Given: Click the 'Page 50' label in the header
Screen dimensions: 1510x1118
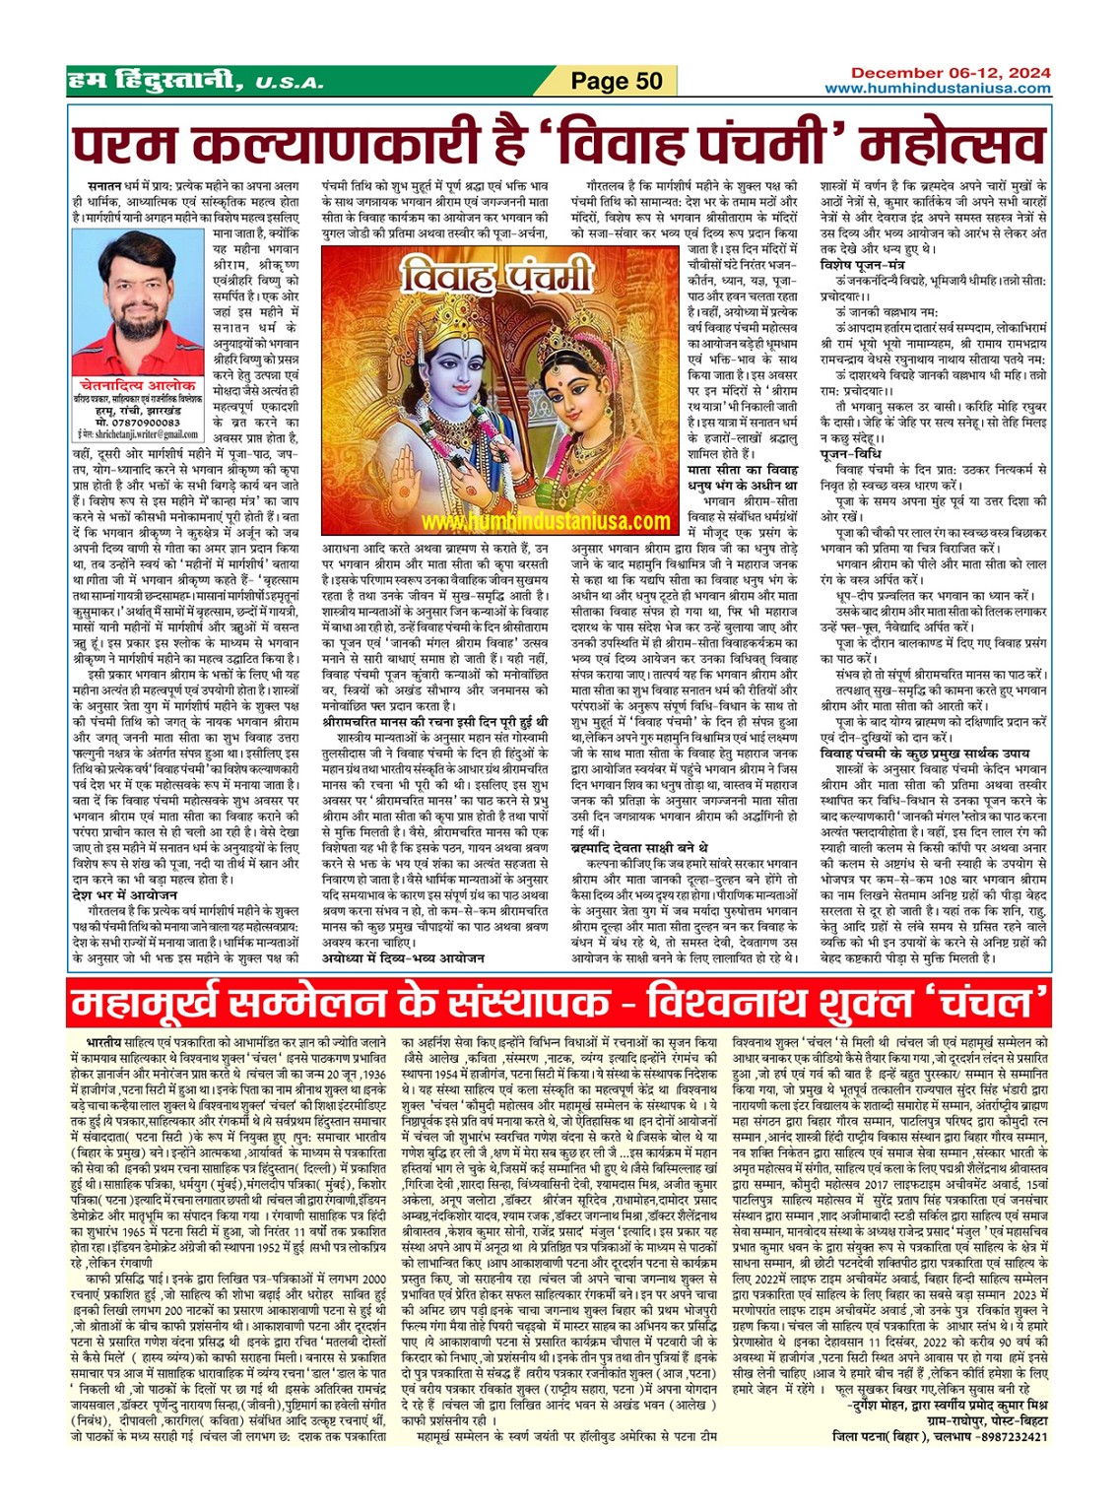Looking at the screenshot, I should [x=617, y=81].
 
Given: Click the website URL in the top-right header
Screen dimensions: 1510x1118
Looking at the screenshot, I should [x=937, y=89].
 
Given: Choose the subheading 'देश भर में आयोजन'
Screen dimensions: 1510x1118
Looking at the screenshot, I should [x=124, y=894].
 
